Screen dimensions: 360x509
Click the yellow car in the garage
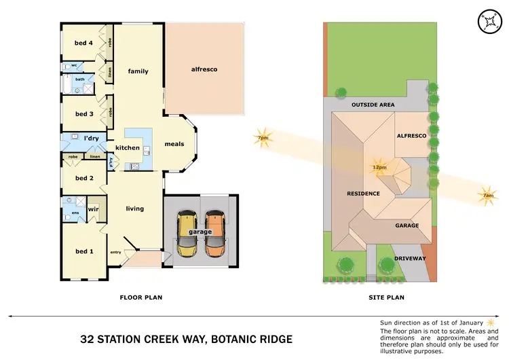[186, 234]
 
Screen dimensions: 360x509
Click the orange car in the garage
[215, 234]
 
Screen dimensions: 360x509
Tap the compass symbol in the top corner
[487, 21]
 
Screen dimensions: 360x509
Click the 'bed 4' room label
[83, 43]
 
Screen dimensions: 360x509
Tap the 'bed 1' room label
[83, 251]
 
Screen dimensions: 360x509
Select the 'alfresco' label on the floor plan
[204, 69]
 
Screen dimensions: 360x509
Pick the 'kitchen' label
[128, 147]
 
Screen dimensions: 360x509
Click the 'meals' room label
[174, 144]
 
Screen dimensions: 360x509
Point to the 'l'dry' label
[92, 139]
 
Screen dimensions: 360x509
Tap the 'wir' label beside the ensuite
[92, 209]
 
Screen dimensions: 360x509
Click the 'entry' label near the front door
[115, 253]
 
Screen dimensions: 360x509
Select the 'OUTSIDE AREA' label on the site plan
[373, 105]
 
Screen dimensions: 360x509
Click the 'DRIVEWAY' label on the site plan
[410, 258]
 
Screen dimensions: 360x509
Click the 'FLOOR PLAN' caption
[140, 297]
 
